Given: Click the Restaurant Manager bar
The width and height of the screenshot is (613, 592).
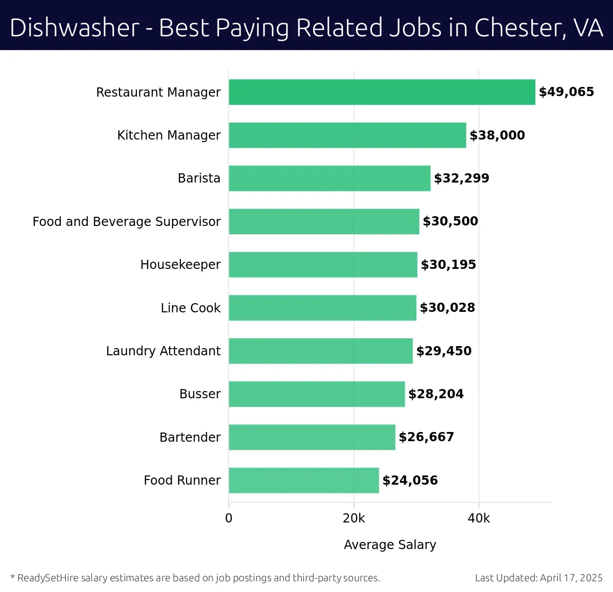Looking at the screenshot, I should pyautogui.click(x=382, y=92).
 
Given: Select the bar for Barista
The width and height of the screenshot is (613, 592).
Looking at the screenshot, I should pyautogui.click(x=329, y=178).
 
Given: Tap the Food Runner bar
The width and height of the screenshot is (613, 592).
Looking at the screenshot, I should pyautogui.click(x=303, y=481).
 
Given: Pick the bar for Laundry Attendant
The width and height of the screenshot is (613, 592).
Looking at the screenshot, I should pyautogui.click(x=320, y=351).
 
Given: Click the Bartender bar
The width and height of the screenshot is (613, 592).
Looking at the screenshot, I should pyautogui.click(x=312, y=437).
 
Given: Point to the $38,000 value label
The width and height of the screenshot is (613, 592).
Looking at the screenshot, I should pyautogui.click(x=497, y=135).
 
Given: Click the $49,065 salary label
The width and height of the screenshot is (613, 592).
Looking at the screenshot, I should pyautogui.click(x=566, y=92).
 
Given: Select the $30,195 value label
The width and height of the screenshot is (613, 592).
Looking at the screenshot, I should pyautogui.click(x=448, y=265).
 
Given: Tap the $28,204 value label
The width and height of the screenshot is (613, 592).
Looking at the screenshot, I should pyautogui.click(x=436, y=394).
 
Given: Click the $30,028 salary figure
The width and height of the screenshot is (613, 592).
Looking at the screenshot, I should pyautogui.click(x=447, y=308).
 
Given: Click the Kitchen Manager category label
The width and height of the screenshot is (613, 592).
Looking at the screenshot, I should pyautogui.click(x=169, y=135).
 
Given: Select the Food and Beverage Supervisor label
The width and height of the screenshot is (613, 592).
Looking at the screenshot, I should pyautogui.click(x=126, y=221).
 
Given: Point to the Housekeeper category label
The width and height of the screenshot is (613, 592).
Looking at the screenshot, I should pyautogui.click(x=180, y=265).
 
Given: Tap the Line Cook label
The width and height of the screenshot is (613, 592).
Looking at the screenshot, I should pyautogui.click(x=191, y=308).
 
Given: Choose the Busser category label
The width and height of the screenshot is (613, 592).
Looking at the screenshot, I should pyautogui.click(x=200, y=394).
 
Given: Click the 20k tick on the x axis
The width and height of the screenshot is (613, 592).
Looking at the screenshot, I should pyautogui.click(x=353, y=518).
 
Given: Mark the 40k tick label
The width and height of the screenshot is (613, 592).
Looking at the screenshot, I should pyautogui.click(x=479, y=518).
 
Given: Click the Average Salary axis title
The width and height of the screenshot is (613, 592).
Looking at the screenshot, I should pyautogui.click(x=390, y=545).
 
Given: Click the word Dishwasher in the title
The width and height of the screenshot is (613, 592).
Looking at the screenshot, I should pyautogui.click(x=75, y=28).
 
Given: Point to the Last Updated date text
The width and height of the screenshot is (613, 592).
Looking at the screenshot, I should pyautogui.click(x=538, y=578).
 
